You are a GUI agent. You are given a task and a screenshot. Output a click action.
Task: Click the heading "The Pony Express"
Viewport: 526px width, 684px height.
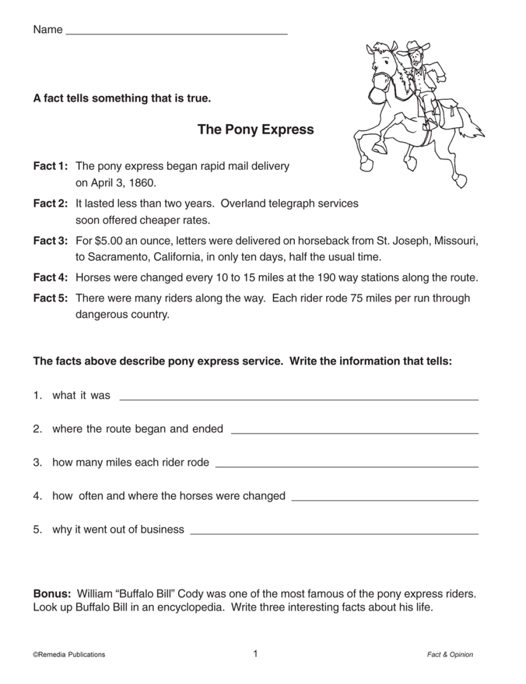[256, 129]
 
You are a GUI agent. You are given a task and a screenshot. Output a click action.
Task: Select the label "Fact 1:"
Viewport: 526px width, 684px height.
[50, 166]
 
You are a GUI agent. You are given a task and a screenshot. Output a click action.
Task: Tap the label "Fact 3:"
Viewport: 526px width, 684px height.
[50, 241]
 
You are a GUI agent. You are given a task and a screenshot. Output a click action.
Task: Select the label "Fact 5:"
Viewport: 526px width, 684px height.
[50, 298]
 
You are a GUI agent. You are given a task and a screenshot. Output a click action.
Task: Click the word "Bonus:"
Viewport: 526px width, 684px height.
[52, 594]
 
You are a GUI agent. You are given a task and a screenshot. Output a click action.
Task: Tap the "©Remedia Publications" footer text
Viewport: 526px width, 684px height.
[69, 655]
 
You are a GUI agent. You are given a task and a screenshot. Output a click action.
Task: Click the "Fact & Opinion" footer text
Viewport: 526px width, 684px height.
[450, 655]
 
